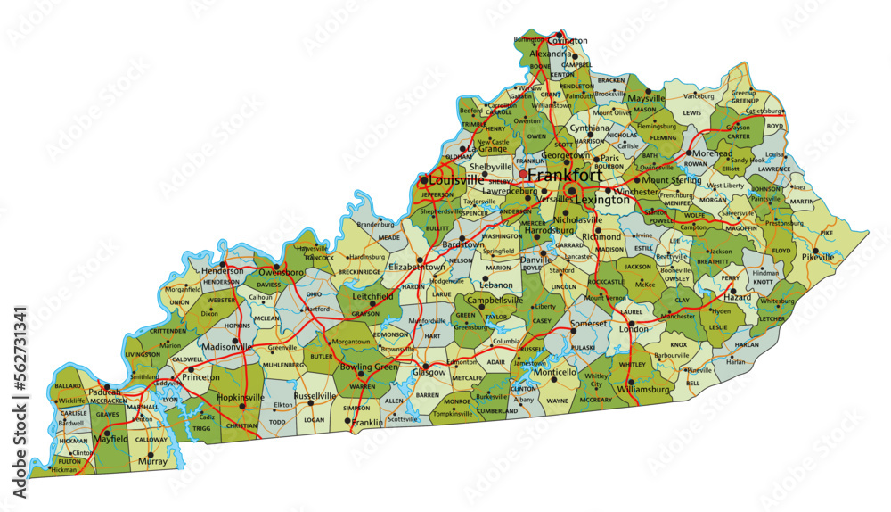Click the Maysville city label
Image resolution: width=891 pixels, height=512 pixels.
(x=647, y=98)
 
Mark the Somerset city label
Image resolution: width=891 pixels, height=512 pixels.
(x=588, y=323)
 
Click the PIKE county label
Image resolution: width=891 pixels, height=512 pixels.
(x=827, y=232)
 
